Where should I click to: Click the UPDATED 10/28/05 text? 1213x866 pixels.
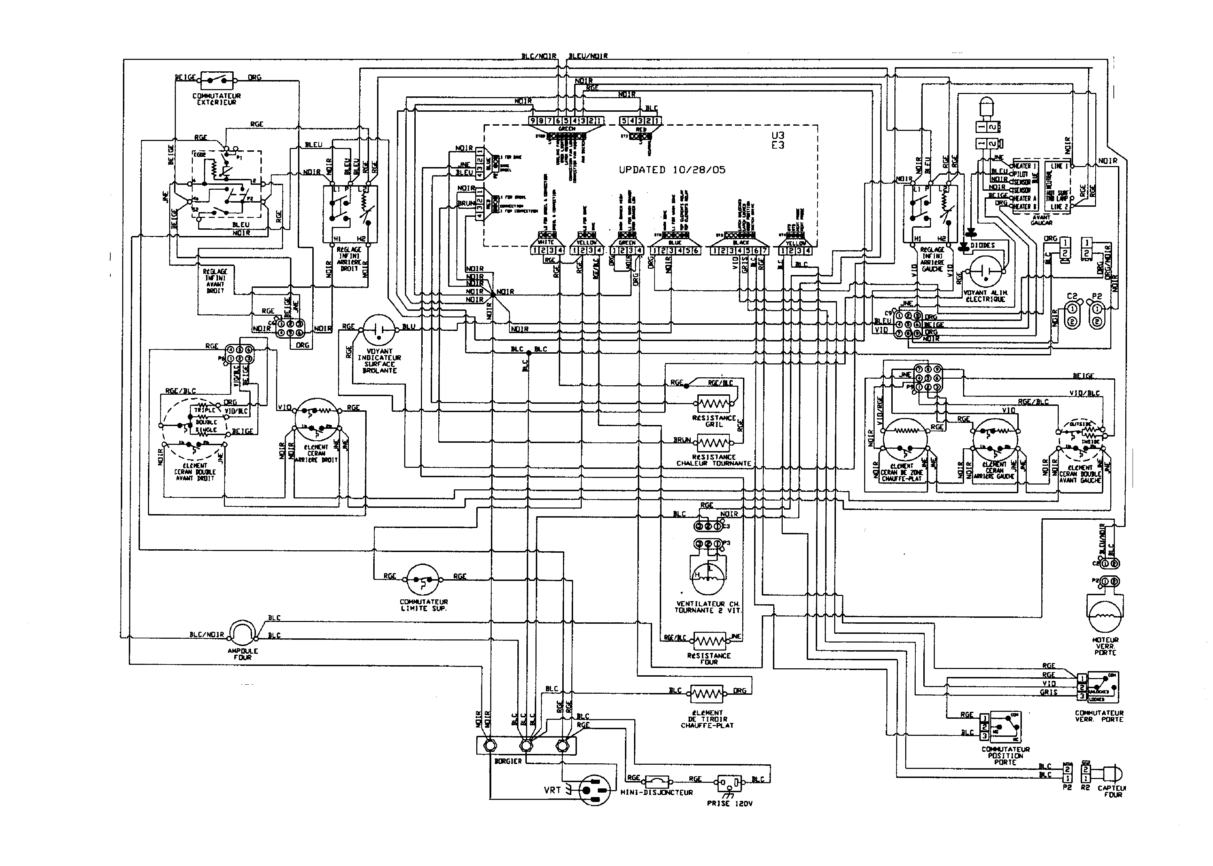pyautogui.click(x=672, y=170)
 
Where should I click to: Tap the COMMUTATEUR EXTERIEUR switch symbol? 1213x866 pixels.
pyautogui.click(x=217, y=80)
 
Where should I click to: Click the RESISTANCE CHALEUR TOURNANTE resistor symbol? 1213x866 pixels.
pyautogui.click(x=713, y=442)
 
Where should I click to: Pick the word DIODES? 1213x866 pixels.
pyautogui.click(x=983, y=245)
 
